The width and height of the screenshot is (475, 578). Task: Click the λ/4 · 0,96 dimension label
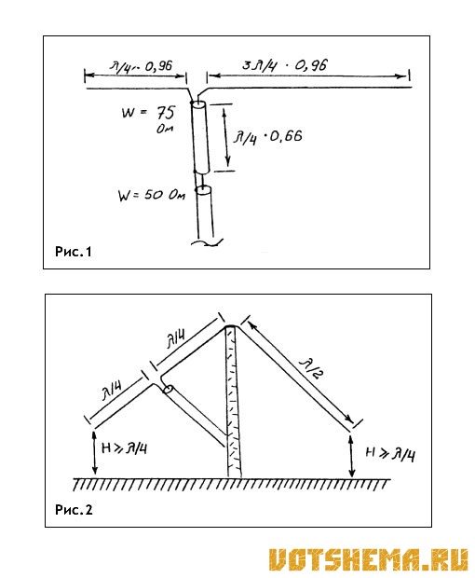pyautogui.click(x=141, y=67)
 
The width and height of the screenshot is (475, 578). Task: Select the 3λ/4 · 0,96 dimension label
pyautogui.click(x=285, y=65)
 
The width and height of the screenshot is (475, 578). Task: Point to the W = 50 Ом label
pyautogui.click(x=151, y=195)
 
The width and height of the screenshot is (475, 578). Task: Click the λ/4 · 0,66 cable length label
pyautogui.click(x=267, y=137)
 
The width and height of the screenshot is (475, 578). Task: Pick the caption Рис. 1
pyautogui.click(x=73, y=252)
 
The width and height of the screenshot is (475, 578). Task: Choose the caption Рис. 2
pyautogui.click(x=74, y=510)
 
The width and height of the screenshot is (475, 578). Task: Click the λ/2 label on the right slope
pyautogui.click(x=311, y=368)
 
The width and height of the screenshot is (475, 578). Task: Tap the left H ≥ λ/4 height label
pyautogui.click(x=125, y=447)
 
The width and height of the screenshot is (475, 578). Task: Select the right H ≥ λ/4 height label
pyautogui.click(x=390, y=454)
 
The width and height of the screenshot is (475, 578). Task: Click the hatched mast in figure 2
pyautogui.click(x=233, y=402)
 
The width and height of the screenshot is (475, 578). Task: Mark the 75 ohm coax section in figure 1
pyautogui.click(x=200, y=137)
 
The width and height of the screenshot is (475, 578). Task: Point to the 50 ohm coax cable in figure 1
pyautogui.click(x=205, y=213)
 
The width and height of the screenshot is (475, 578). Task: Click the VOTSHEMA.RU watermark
pyautogui.click(x=369, y=560)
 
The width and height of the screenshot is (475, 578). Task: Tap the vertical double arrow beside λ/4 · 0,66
pyautogui.click(x=226, y=137)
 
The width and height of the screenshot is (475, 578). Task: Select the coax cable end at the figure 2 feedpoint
pyautogui.click(x=169, y=390)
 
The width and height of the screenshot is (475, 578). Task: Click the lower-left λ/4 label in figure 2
pyautogui.click(x=113, y=392)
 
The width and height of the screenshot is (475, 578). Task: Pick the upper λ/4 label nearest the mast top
pyautogui.click(x=176, y=339)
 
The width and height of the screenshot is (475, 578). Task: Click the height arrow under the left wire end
pyautogui.click(x=95, y=453)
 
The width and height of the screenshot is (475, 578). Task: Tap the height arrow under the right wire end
pyautogui.click(x=352, y=457)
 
